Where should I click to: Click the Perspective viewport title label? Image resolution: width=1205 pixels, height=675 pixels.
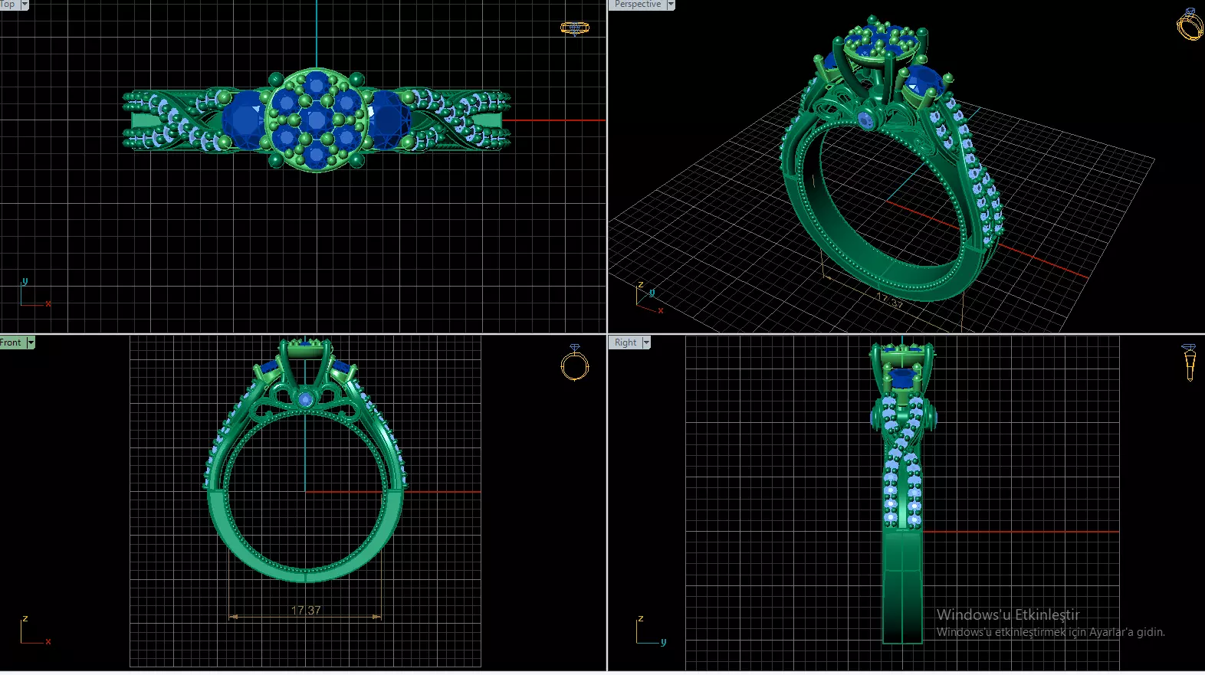[637, 5]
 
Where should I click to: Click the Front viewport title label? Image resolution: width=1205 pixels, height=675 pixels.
[11, 342]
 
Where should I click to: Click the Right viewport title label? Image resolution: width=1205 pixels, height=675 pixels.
[625, 342]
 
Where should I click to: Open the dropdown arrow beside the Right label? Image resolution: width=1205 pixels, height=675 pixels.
[646, 342]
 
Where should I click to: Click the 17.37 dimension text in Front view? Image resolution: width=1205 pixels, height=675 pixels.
[306, 610]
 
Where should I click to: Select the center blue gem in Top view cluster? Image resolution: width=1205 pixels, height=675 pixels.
[316, 120]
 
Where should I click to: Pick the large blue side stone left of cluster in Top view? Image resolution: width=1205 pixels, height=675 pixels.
[245, 120]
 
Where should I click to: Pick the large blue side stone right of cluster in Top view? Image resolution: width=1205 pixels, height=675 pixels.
[388, 120]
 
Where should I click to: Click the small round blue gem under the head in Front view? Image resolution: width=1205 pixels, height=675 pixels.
[306, 399]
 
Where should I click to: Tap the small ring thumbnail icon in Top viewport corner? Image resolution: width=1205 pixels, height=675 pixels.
[575, 28]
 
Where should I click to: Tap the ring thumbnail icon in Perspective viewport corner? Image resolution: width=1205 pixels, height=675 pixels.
[1190, 25]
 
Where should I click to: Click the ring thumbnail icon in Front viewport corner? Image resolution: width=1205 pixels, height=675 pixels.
[575, 363]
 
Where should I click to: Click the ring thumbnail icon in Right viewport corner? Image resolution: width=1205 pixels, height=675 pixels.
[1189, 362]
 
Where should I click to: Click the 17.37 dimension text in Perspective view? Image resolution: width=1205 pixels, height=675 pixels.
[890, 301]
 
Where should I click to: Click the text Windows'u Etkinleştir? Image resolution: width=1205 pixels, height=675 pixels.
[1007, 614]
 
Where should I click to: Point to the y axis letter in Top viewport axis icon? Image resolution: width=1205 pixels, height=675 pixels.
[25, 281]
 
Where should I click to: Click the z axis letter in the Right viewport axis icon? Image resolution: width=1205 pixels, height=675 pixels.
[641, 618]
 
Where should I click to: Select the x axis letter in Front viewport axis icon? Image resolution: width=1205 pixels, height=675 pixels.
[48, 641]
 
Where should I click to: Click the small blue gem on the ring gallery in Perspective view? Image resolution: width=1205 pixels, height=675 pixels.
[866, 120]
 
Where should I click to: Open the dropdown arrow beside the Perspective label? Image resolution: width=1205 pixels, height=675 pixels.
[671, 5]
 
